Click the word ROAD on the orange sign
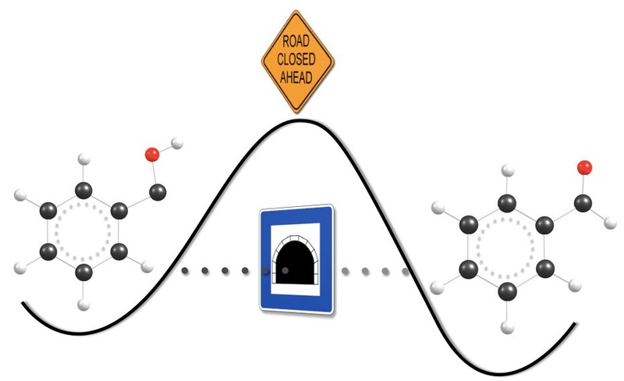(296, 41)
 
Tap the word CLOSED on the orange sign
(296, 59)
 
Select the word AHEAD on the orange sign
(296, 77)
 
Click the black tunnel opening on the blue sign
(295, 262)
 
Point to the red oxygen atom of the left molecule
(152, 155)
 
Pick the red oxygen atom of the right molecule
(584, 168)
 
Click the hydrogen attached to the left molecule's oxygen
(177, 143)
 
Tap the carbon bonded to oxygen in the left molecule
(158, 193)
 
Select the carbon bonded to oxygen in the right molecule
(583, 203)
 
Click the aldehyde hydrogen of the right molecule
(610, 223)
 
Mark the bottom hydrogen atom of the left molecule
(83, 305)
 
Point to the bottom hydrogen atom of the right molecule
(508, 327)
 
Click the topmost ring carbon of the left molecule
(83, 190)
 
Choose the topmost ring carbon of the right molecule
(507, 203)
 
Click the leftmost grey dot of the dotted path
(185, 271)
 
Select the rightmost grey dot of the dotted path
(406, 272)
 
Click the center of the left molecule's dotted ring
(83, 231)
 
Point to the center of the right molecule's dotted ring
(505, 247)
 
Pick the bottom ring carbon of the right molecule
(508, 291)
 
